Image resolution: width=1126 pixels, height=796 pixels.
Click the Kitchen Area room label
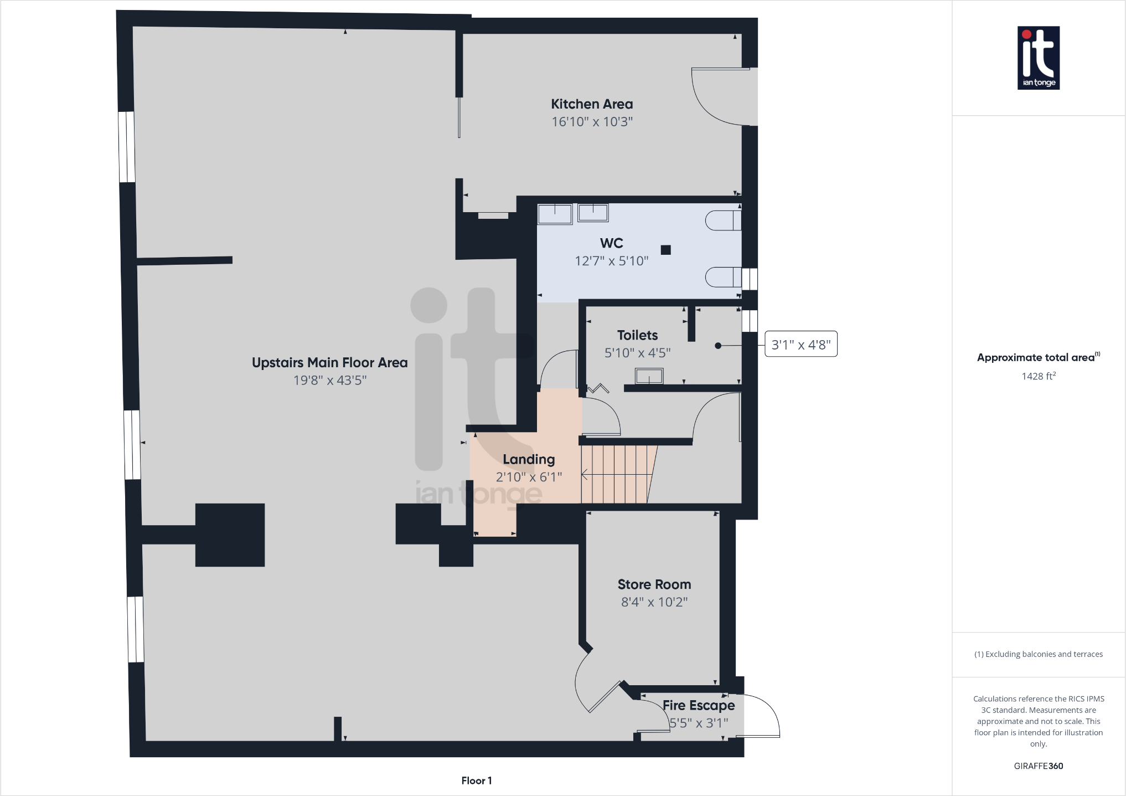coord(592,104)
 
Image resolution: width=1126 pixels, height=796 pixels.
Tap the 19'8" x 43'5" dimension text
coord(330,381)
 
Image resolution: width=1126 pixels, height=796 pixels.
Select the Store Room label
coord(654,584)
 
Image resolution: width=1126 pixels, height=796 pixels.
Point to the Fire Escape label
coord(699,705)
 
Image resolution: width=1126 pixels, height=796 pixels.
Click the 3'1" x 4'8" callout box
coord(800,345)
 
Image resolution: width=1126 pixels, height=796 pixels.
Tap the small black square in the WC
coord(666,250)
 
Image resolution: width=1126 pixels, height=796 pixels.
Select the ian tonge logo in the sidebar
coord(1039,58)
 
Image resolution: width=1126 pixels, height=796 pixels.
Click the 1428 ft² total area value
coord(1039,377)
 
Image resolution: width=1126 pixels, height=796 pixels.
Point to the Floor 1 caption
coord(477,780)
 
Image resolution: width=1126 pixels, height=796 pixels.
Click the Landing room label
coord(529,459)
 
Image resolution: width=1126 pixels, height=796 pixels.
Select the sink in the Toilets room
coord(649,376)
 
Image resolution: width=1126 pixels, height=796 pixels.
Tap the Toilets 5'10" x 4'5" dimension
coord(638,353)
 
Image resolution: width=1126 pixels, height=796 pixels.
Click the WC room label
coord(611,243)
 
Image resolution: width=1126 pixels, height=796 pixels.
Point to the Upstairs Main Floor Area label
coord(330,363)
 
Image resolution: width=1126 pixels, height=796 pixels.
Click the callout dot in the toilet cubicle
coord(718,346)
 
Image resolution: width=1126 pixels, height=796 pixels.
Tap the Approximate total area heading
coord(1038,357)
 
